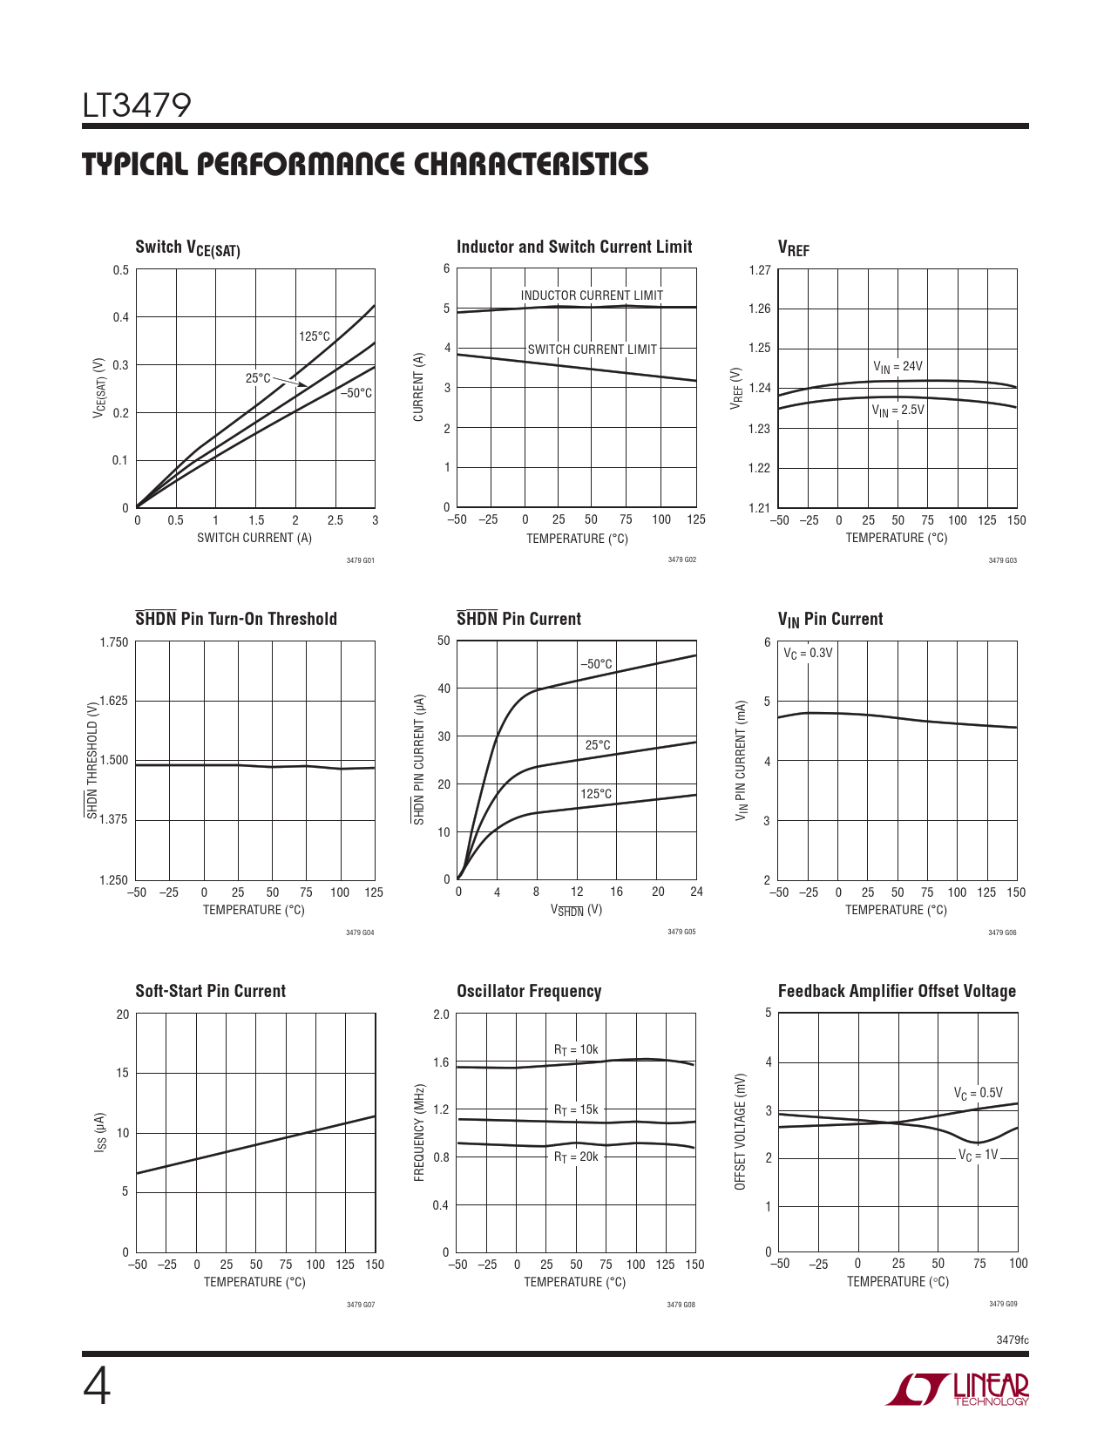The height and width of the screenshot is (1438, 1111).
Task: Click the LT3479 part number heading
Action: (x=137, y=105)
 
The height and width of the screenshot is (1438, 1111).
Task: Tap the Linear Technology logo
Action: (x=958, y=1389)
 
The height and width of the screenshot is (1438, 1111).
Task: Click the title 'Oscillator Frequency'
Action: (x=529, y=991)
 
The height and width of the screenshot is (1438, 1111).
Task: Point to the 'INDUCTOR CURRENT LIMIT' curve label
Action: (x=592, y=295)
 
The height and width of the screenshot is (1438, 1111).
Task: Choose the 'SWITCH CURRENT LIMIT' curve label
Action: (x=592, y=349)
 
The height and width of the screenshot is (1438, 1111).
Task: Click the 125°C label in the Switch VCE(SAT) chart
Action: (x=315, y=336)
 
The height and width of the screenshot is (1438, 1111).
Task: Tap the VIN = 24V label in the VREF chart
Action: (x=898, y=367)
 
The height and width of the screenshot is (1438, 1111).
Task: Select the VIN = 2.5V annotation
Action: (x=898, y=410)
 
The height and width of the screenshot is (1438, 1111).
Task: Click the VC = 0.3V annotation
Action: (x=808, y=653)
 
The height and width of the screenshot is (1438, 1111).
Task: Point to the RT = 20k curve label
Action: (x=576, y=1157)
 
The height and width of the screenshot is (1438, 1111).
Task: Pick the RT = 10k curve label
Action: (x=576, y=1050)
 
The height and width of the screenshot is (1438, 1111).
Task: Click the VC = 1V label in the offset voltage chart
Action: (x=978, y=1156)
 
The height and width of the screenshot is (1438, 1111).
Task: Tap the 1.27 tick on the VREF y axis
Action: (x=760, y=270)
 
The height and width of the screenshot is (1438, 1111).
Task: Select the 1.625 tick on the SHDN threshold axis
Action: (x=113, y=701)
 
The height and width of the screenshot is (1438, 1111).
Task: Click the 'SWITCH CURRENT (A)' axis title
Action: (x=254, y=538)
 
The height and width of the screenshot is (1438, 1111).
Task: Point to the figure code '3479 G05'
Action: (x=681, y=932)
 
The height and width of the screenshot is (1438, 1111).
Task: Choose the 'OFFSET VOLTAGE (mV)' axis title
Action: (x=741, y=1131)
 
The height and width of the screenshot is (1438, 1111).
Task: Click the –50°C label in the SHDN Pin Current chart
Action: (x=597, y=664)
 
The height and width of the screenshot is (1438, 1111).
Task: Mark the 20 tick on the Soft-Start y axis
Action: (x=122, y=1014)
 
